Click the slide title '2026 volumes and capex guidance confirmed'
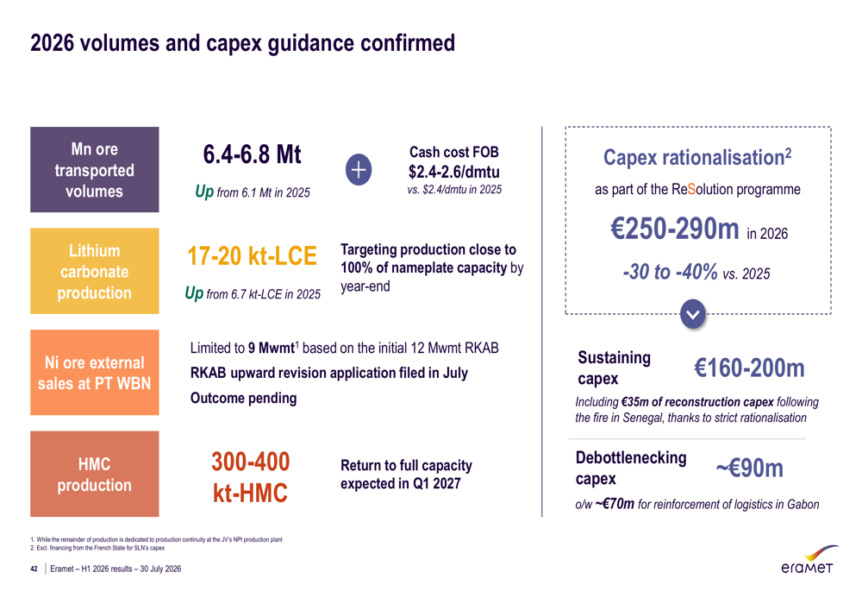click(242, 43)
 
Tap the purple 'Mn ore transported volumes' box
click(95, 169)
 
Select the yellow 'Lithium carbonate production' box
click(95, 271)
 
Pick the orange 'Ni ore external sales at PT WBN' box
click(95, 373)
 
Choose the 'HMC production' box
click(95, 474)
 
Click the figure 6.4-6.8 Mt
click(252, 154)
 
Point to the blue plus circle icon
click(359, 169)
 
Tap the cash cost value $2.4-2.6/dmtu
click(454, 173)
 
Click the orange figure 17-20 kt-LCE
click(252, 256)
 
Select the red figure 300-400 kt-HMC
click(251, 477)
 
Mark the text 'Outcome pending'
click(244, 398)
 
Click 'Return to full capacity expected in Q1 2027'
click(406, 475)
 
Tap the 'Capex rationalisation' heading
click(697, 157)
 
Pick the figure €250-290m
click(675, 229)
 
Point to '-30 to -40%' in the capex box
click(670, 271)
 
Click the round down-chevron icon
click(693, 314)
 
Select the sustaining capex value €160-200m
click(749, 368)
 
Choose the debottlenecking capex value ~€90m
click(749, 468)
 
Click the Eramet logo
click(809, 560)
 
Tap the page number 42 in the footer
click(34, 569)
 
